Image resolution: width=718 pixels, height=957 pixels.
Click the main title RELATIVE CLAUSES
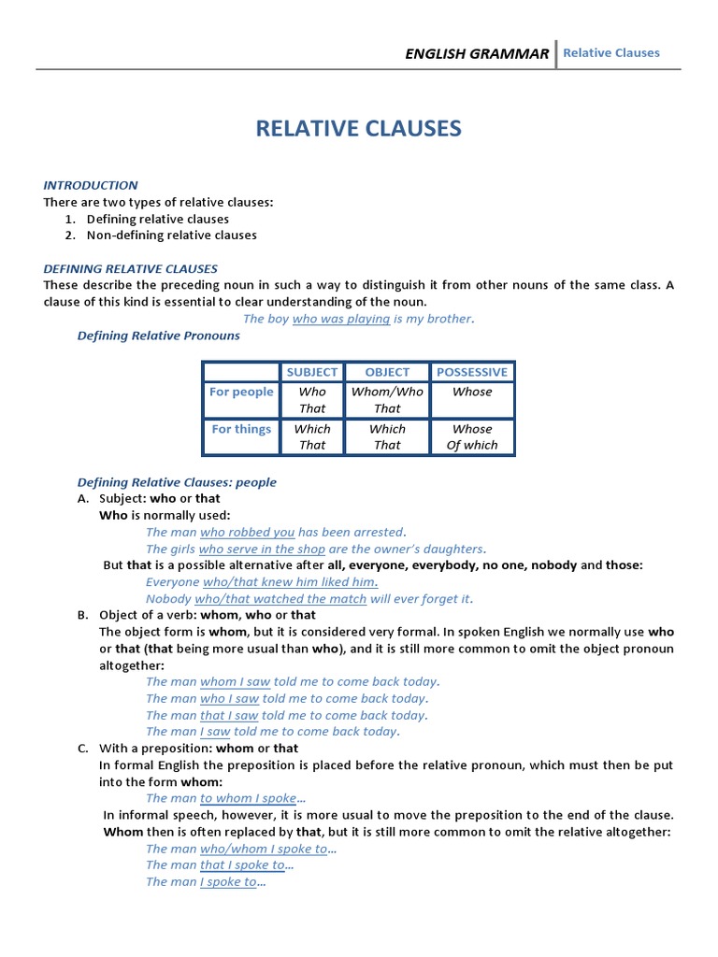pyautogui.click(x=359, y=128)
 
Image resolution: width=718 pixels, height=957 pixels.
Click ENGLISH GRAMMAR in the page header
pyautogui.click(x=477, y=53)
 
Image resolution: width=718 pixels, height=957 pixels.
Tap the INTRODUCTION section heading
pyautogui.click(x=91, y=185)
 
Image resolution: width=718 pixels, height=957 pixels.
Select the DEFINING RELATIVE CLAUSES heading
pyautogui.click(x=130, y=268)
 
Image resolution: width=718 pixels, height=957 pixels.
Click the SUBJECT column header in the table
pyautogui.click(x=312, y=372)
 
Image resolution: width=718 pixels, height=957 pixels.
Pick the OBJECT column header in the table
pyautogui.click(x=387, y=372)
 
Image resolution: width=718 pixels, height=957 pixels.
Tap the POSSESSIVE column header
pyautogui.click(x=472, y=372)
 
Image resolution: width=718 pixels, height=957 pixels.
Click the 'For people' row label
pyautogui.click(x=241, y=392)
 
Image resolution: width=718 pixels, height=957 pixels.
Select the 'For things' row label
pyautogui.click(x=241, y=429)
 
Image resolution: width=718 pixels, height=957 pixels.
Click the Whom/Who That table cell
pyautogui.click(x=387, y=400)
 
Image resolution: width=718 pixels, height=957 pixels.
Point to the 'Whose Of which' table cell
pyautogui.click(x=472, y=437)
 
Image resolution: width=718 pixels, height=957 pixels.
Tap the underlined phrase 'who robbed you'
pyautogui.click(x=247, y=533)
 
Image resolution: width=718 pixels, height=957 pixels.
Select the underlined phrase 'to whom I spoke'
pyautogui.click(x=248, y=799)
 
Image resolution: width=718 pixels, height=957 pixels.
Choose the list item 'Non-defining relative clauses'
pyautogui.click(x=171, y=236)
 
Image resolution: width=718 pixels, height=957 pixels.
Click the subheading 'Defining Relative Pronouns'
pyautogui.click(x=158, y=336)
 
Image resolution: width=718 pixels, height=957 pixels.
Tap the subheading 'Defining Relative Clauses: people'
pyautogui.click(x=177, y=482)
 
